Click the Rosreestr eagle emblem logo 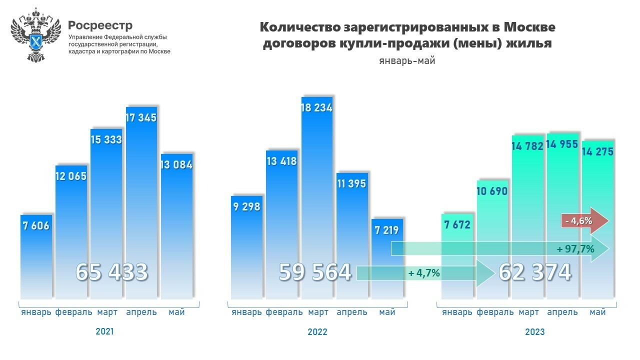(35, 35)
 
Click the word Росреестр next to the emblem (100, 25)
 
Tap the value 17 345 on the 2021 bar (141, 118)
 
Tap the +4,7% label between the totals (424, 273)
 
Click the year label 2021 (104, 331)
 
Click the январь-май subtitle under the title (406, 61)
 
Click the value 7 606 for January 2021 (36, 226)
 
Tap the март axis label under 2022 (318, 312)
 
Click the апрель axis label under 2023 (562, 312)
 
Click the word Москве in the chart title (529, 26)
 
